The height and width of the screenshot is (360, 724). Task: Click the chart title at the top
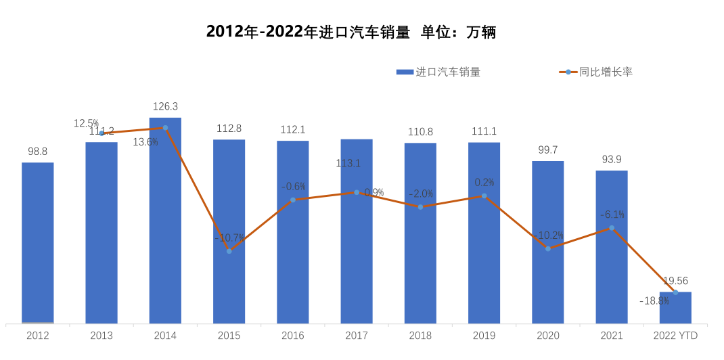351,32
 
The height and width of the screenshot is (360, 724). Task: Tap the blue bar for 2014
165,223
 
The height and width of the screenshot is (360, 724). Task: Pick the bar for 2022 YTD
675,308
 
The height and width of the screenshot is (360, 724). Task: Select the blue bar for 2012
38,244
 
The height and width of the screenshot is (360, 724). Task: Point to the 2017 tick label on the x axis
357,336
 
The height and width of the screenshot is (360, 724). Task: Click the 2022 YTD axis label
675,336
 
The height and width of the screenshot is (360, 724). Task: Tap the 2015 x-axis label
229,336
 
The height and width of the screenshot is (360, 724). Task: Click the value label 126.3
165,106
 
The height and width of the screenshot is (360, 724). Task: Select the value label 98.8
38,152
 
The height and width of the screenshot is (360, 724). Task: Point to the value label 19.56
675,280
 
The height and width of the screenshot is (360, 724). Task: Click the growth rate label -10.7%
229,238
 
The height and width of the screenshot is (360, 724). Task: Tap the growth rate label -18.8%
654,301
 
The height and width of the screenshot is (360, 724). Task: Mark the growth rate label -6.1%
612,215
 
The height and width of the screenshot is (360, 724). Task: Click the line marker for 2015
229,251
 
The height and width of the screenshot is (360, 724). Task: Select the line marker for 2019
484,196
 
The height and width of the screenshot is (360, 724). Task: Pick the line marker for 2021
612,228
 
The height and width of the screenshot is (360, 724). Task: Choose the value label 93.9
612,160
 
